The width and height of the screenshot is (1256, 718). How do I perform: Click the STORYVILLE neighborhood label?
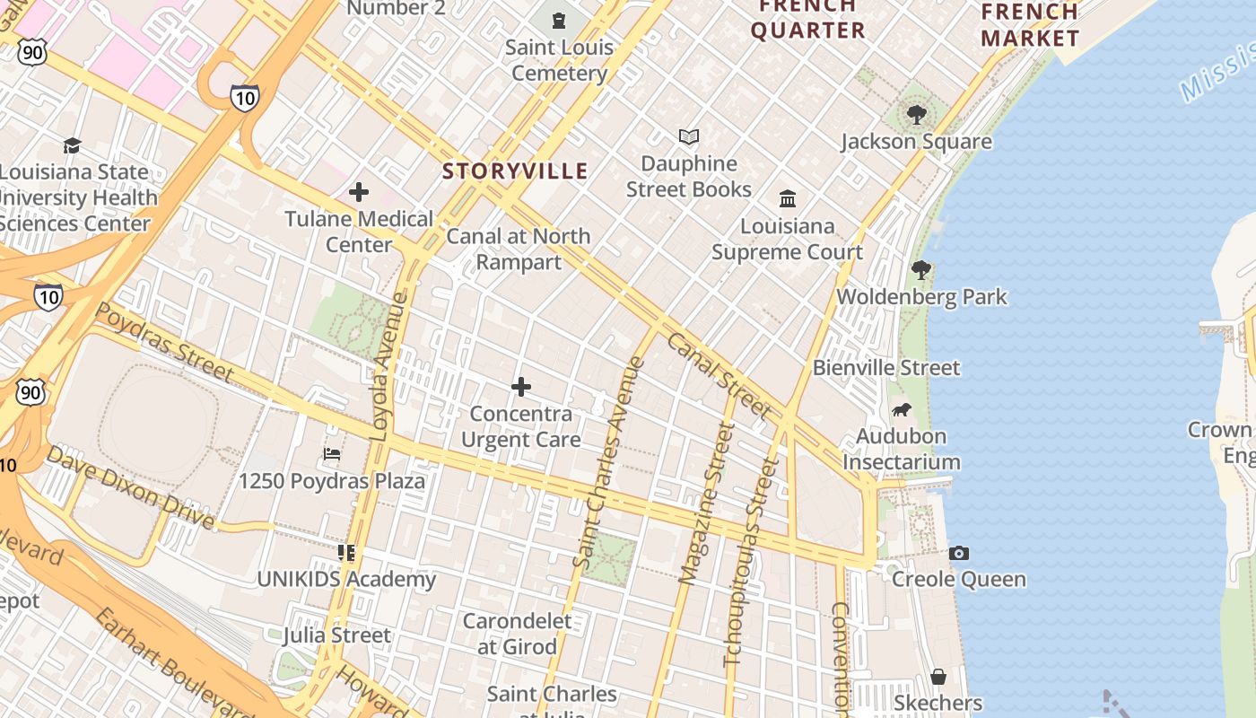click(x=515, y=171)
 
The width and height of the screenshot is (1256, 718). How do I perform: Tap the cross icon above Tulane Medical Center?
click(x=359, y=192)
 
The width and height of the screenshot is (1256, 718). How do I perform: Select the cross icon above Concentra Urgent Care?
click(x=520, y=387)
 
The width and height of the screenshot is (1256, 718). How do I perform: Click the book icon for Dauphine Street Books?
click(x=688, y=137)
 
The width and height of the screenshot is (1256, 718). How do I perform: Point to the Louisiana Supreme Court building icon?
click(x=788, y=198)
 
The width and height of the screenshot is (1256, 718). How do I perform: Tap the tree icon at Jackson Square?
click(x=916, y=115)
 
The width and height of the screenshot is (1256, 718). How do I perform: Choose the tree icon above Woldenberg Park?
click(x=920, y=269)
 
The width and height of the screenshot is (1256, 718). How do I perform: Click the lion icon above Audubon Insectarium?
click(x=901, y=410)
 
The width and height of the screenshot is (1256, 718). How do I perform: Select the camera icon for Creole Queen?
click(x=958, y=553)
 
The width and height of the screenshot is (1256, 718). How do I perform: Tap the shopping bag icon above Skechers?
click(x=938, y=676)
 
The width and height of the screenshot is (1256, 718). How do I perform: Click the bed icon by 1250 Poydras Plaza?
click(x=332, y=454)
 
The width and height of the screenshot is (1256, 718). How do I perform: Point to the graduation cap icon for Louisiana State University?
click(x=72, y=145)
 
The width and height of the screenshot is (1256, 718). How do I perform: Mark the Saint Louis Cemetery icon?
click(x=559, y=20)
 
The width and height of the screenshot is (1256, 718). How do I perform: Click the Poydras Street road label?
click(x=164, y=341)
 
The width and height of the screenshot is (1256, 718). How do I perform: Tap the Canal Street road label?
click(x=718, y=375)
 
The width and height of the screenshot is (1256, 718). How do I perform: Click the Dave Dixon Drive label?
click(x=130, y=487)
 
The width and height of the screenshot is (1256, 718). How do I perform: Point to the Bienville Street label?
click(x=885, y=368)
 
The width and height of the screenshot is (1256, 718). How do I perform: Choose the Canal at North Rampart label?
click(x=518, y=249)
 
